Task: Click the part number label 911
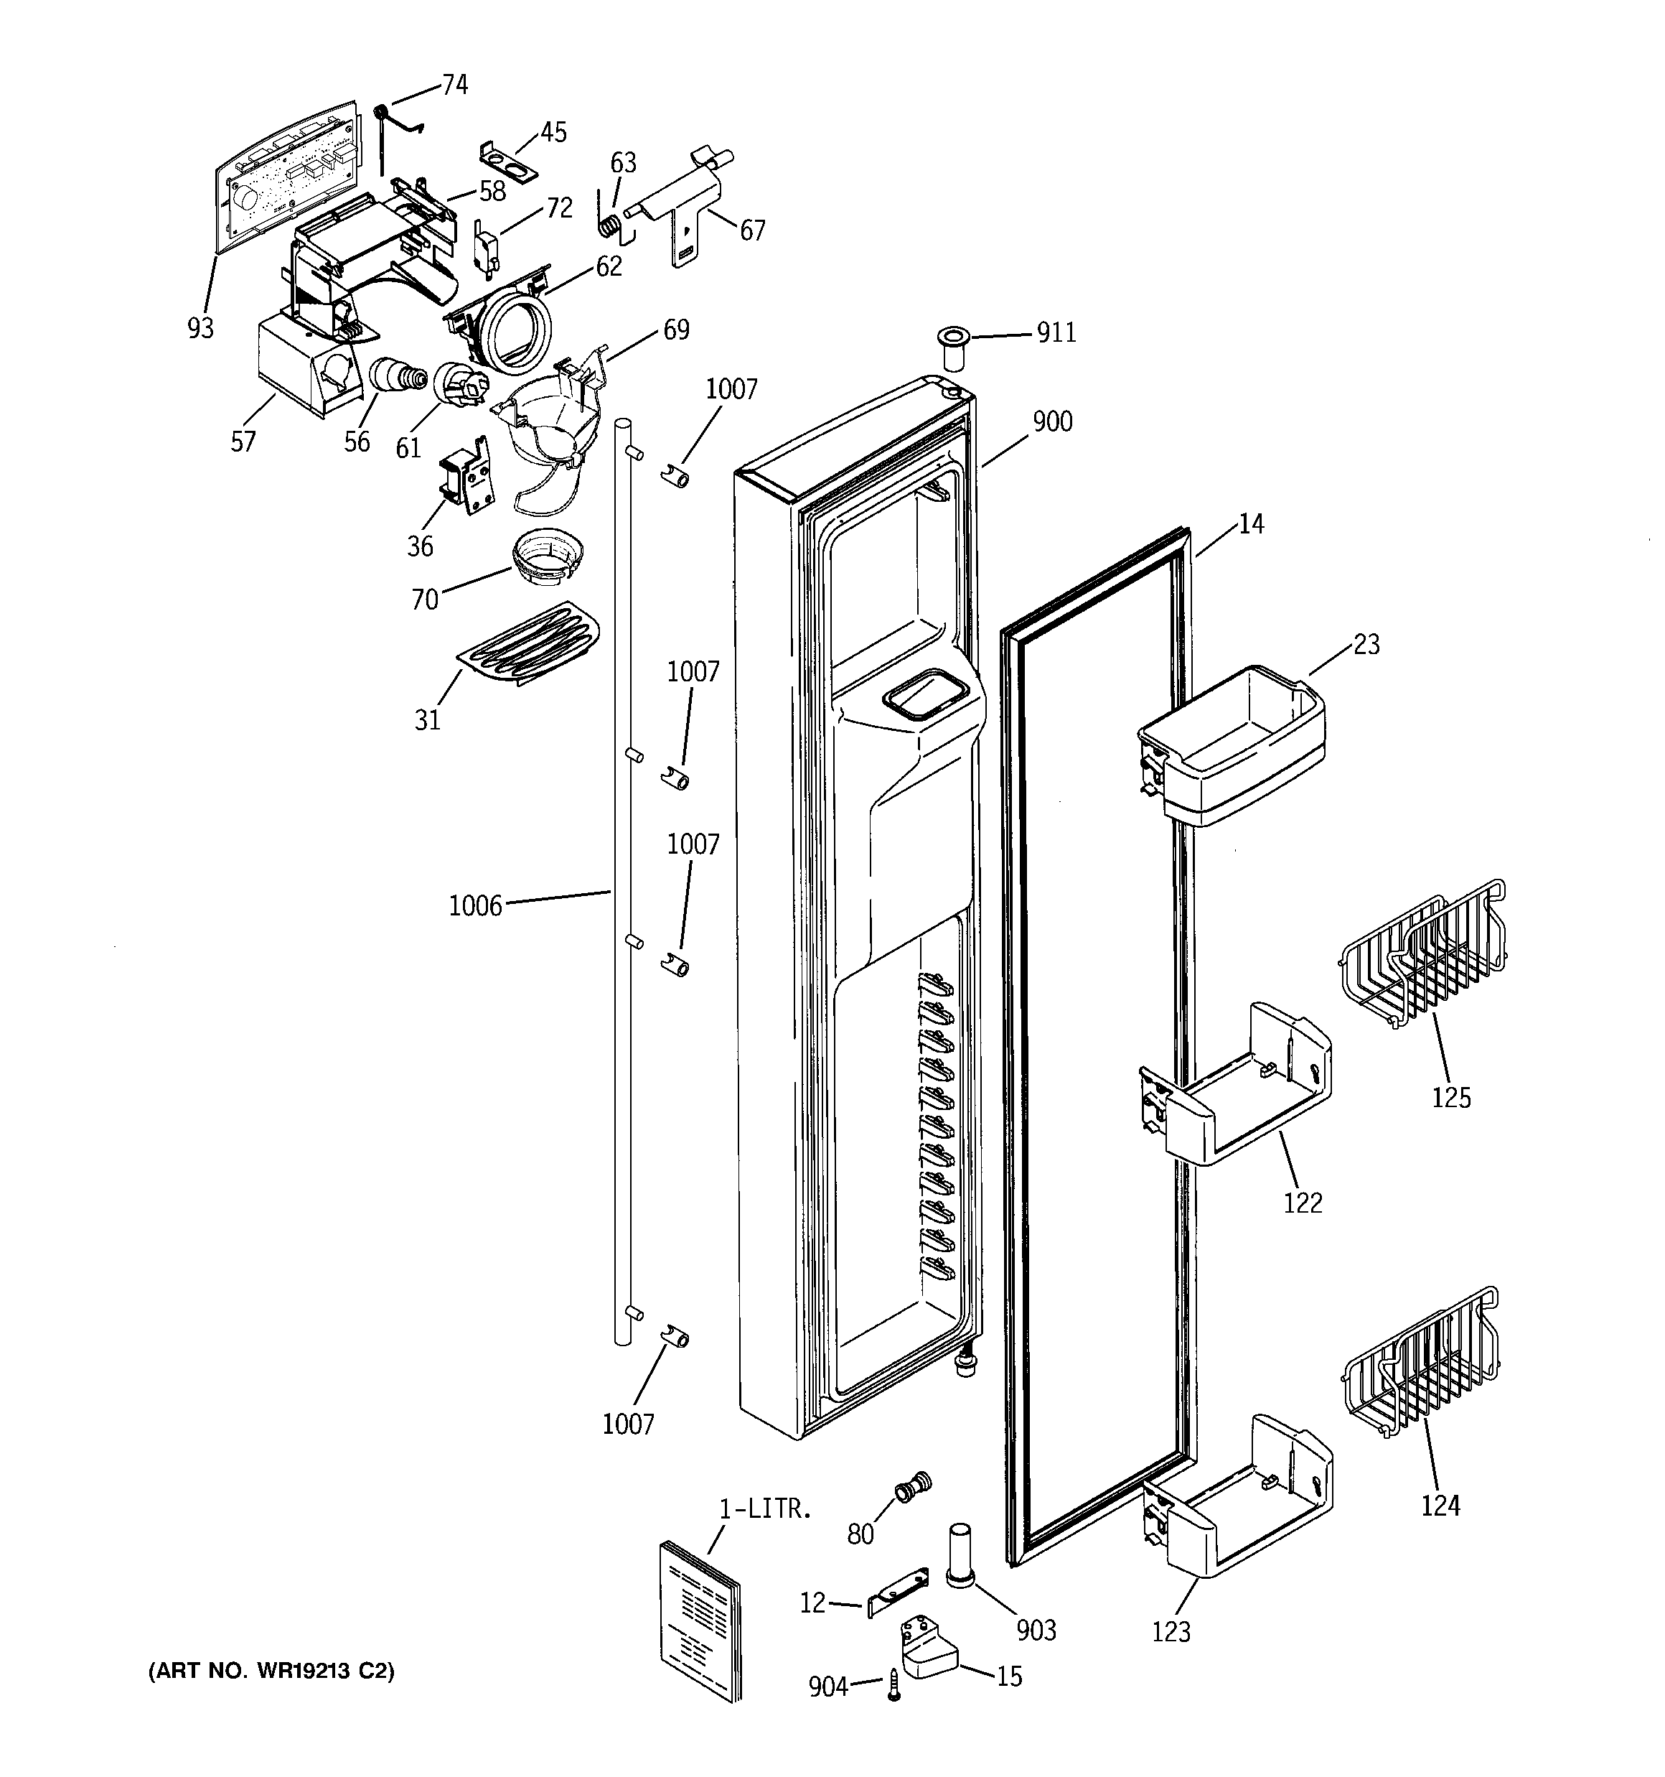(x=1056, y=333)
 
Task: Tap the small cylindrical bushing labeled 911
(x=954, y=350)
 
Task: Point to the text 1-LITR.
(x=766, y=1509)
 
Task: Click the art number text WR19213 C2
(x=271, y=1671)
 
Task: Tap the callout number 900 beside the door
(x=1052, y=422)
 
